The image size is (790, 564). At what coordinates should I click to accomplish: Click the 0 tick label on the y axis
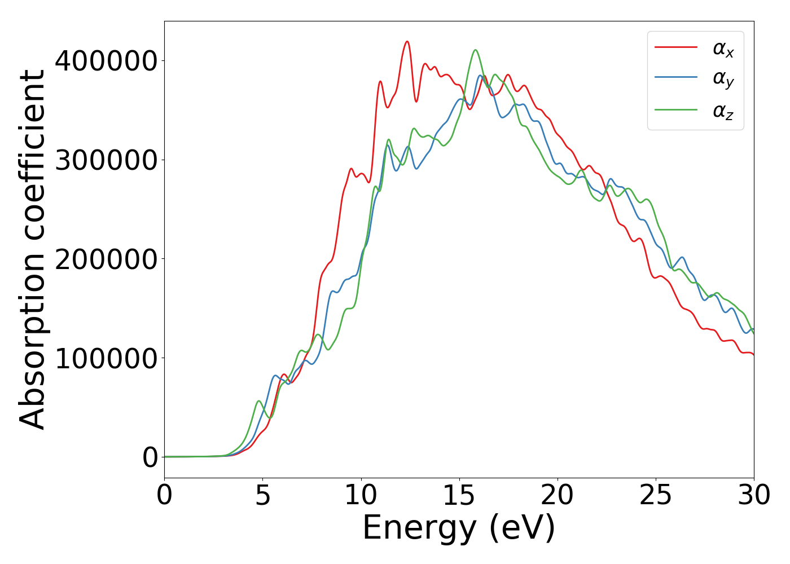point(150,457)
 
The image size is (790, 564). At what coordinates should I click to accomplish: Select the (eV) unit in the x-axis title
point(523,528)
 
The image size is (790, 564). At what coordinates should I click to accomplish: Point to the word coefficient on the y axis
point(32,155)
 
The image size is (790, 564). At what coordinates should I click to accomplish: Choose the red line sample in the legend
point(676,47)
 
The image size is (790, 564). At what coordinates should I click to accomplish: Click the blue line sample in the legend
point(676,77)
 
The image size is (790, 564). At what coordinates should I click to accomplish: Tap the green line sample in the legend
point(676,109)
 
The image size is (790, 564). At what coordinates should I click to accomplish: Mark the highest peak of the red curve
point(407,41)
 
